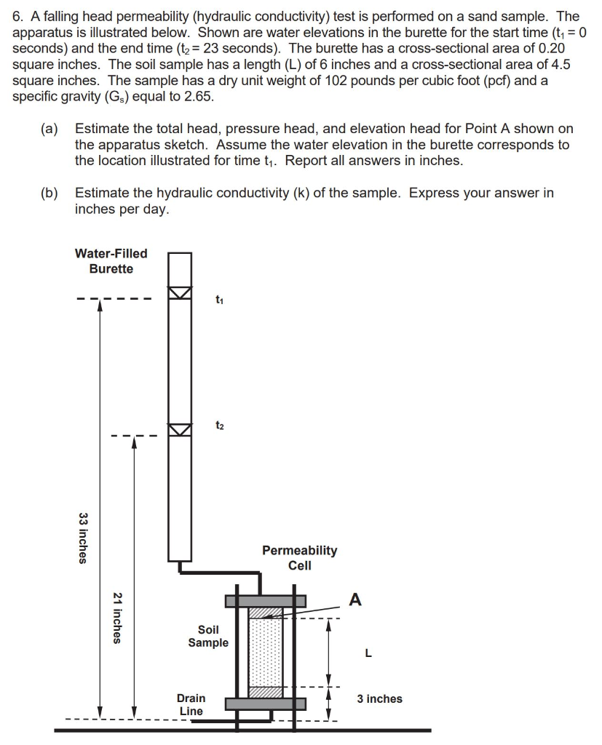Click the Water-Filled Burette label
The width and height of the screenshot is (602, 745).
pyautogui.click(x=111, y=261)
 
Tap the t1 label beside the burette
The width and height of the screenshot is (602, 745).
pyautogui.click(x=220, y=300)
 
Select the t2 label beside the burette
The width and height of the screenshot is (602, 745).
pyautogui.click(x=220, y=426)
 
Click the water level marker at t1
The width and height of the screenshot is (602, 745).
pyautogui.click(x=180, y=292)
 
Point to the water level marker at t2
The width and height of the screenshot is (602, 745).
pyautogui.click(x=180, y=429)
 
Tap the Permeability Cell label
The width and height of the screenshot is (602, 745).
pyautogui.click(x=299, y=557)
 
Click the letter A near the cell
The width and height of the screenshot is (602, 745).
pyautogui.click(x=355, y=599)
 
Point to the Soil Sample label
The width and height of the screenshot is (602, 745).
pyautogui.click(x=208, y=636)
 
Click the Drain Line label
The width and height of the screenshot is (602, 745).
pyautogui.click(x=191, y=704)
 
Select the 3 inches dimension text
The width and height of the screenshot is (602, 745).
pyautogui.click(x=379, y=698)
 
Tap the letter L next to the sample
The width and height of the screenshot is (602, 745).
pyautogui.click(x=368, y=653)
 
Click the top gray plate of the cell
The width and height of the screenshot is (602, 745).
pyautogui.click(x=265, y=601)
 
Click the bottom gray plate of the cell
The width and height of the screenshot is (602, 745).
pyautogui.click(x=265, y=704)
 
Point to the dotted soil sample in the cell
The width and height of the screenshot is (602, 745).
pyautogui.click(x=265, y=653)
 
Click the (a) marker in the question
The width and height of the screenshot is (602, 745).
pyautogui.click(x=49, y=129)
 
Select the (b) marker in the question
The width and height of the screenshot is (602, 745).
pyautogui.click(x=49, y=193)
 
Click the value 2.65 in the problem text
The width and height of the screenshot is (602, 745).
pyautogui.click(x=199, y=96)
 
